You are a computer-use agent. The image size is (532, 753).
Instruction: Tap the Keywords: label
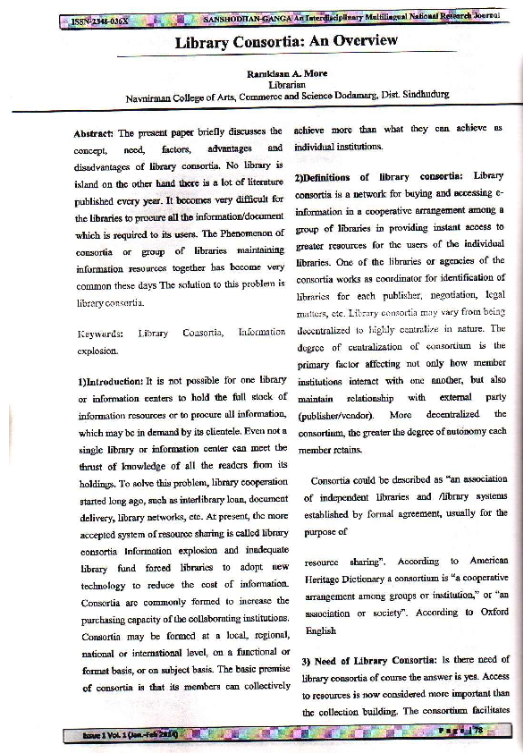click(x=100, y=334)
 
